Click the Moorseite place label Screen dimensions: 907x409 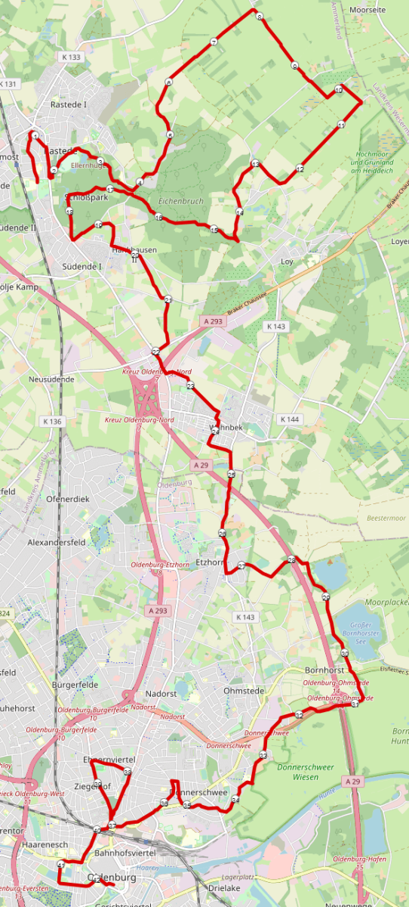coord(368,10)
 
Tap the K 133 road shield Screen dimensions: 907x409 coord(72,57)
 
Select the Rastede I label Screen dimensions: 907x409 coord(69,104)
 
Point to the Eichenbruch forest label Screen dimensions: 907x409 coord(182,200)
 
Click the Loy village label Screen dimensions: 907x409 coord(287,262)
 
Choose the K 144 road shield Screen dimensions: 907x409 coord(289,419)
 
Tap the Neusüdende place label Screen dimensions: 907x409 coord(51,379)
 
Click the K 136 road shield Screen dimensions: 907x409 coord(52,421)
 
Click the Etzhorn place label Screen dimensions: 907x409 coord(211,562)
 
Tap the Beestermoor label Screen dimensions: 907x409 coord(386,519)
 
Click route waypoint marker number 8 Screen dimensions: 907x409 coord(259,16)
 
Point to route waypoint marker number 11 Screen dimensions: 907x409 coord(340,125)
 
